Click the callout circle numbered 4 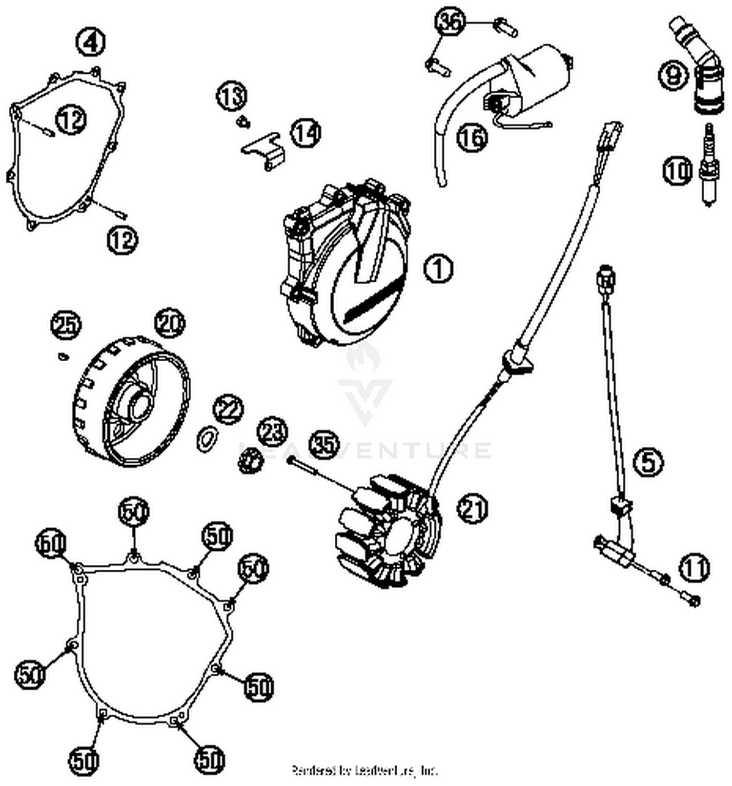tap(91, 42)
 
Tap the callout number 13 tap(231, 96)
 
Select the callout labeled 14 tap(306, 133)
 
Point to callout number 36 tap(450, 22)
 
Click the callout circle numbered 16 tap(472, 138)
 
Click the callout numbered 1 tap(438, 269)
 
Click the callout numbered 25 tap(67, 325)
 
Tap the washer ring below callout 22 tap(207, 438)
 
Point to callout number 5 tap(649, 462)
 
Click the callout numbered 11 tap(694, 568)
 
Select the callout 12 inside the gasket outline tap(72, 120)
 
